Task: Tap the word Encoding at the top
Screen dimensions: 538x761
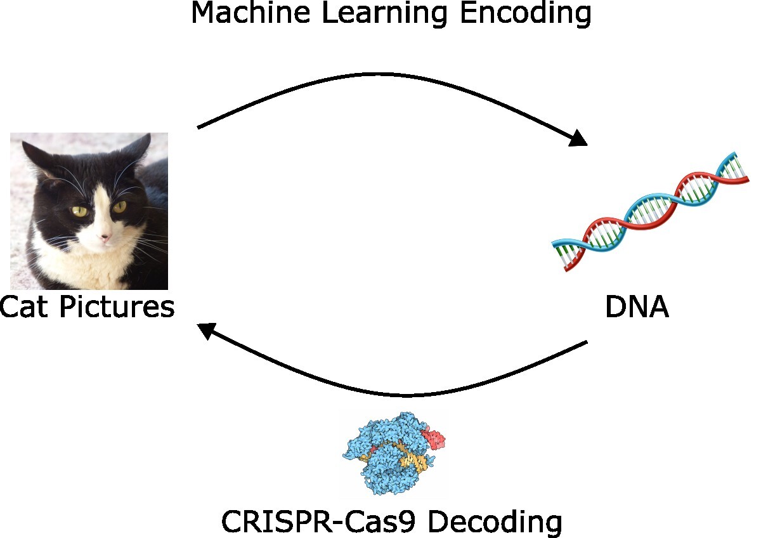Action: coord(526,14)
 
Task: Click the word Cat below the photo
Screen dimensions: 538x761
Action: coord(26,308)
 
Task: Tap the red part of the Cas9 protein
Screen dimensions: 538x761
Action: coord(434,437)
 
